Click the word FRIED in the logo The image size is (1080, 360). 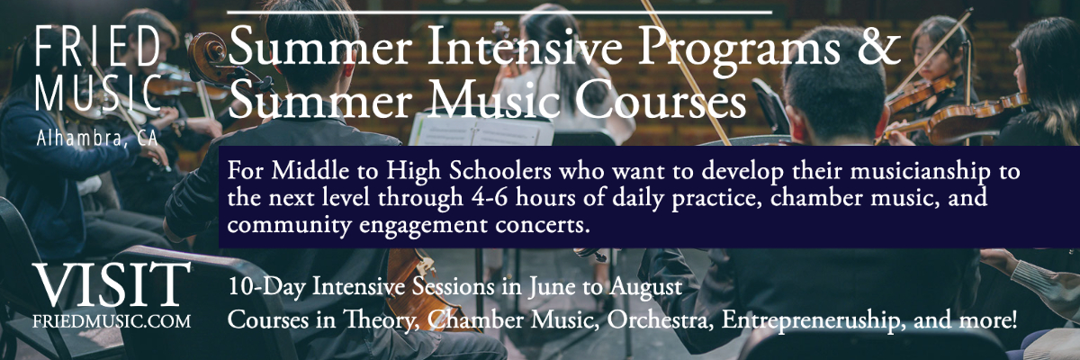tap(98, 47)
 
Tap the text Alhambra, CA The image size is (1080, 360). tap(97, 139)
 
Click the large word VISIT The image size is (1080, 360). tap(112, 284)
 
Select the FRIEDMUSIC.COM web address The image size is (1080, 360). tap(112, 321)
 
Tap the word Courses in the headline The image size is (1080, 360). tap(661, 101)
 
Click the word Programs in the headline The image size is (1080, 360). tap(740, 51)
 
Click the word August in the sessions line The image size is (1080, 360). tap(646, 288)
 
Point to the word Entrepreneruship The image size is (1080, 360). tap(813, 321)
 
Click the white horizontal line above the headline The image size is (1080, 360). tap(499, 12)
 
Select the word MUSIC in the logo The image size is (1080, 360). tap(98, 93)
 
